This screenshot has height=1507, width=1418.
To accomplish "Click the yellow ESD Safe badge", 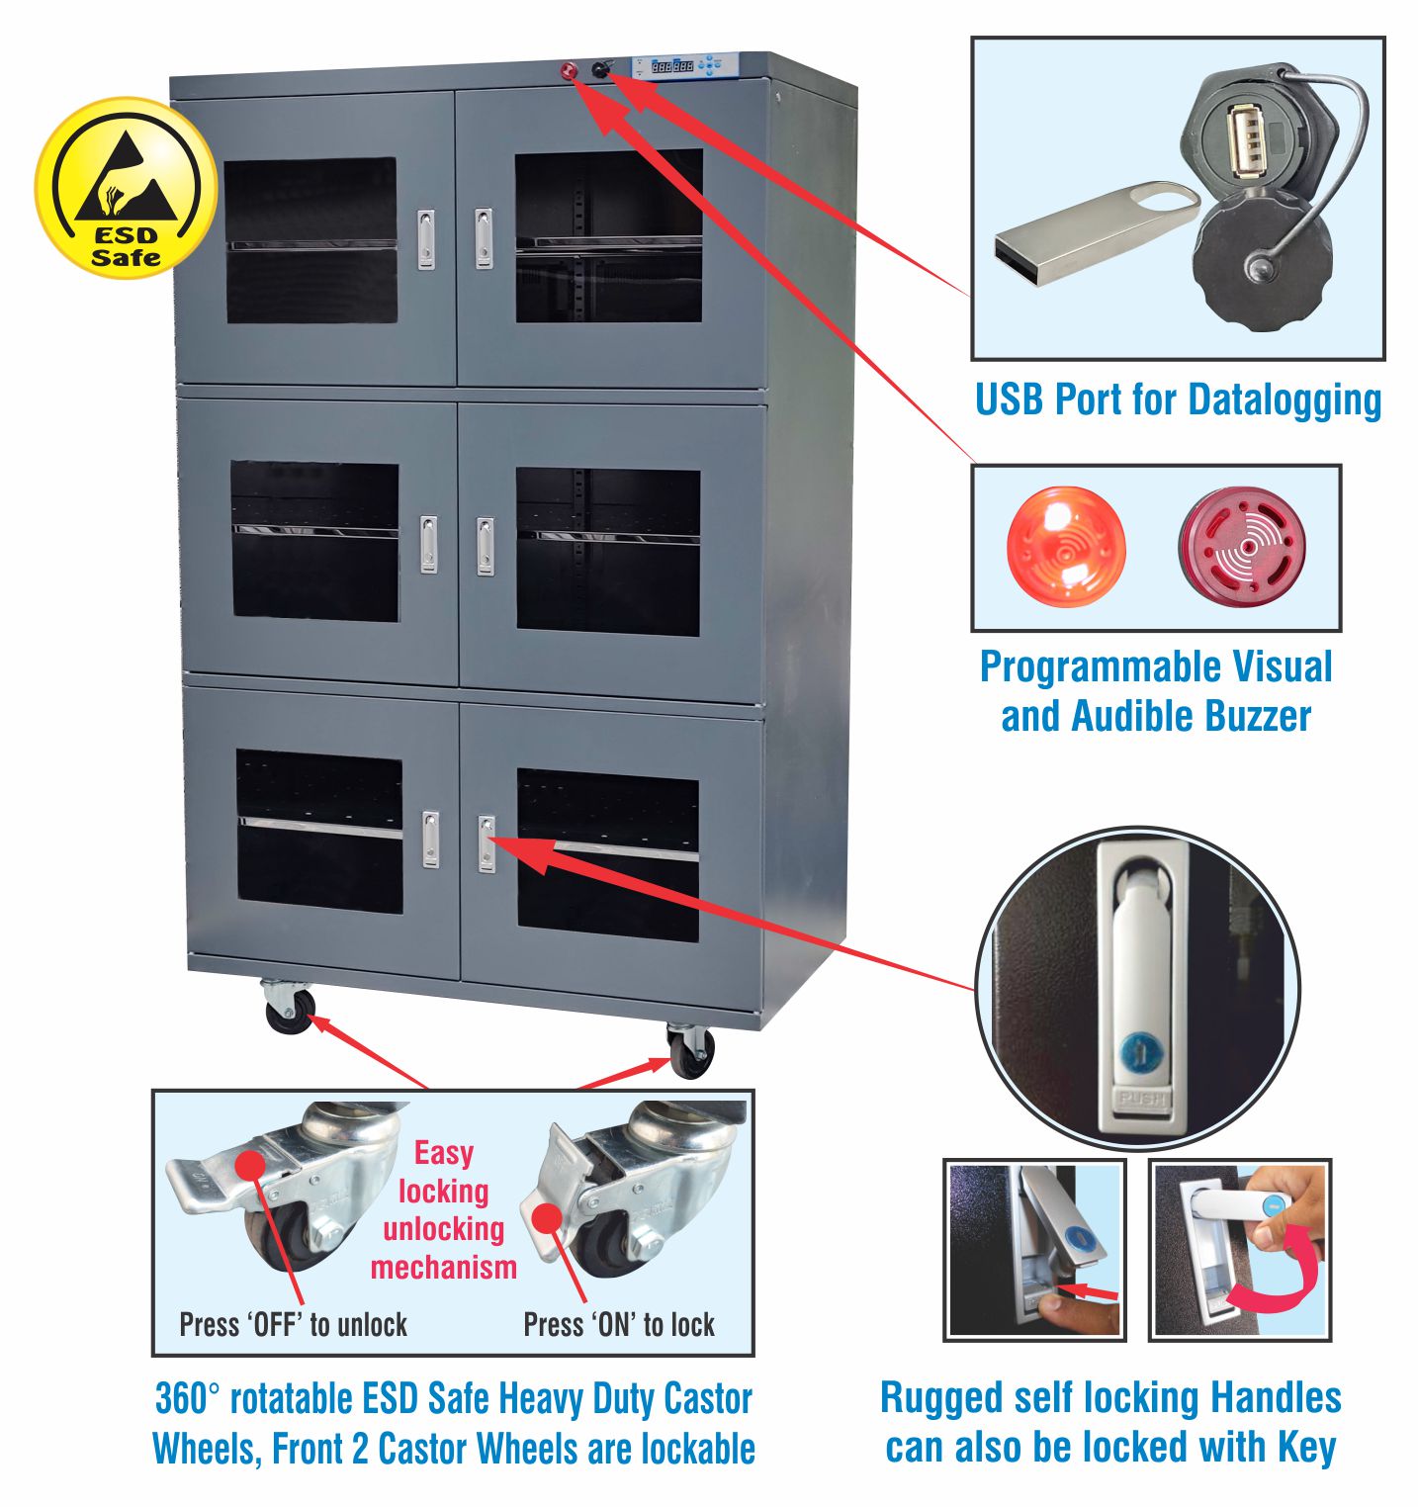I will [126, 188].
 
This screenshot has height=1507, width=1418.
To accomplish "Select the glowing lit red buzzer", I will [1065, 546].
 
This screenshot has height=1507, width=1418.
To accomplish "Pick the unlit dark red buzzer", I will [1242, 546].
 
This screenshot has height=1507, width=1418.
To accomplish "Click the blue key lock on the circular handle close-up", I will [1137, 1054].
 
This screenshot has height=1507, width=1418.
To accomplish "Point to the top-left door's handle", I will [426, 239].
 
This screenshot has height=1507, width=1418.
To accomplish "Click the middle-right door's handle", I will [486, 546].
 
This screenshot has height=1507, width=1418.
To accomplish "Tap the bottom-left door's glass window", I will [319, 831].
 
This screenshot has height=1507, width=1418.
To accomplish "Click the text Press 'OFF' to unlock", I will [293, 1325].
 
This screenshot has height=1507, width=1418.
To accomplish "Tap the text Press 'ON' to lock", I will [618, 1325].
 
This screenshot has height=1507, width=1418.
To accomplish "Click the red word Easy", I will [443, 1153].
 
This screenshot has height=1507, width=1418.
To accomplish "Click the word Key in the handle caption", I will [1306, 1448].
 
